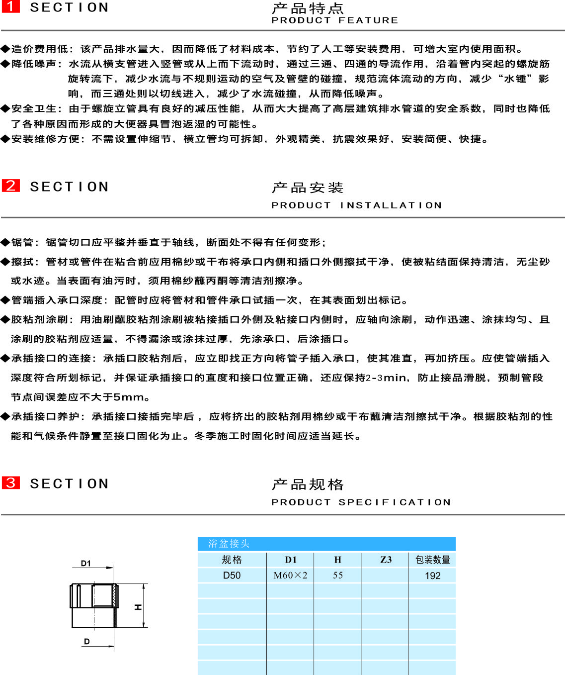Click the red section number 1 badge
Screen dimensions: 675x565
10,6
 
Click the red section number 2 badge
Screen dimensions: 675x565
10,186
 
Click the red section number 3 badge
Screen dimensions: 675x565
10,482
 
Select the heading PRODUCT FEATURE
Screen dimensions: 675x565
334,20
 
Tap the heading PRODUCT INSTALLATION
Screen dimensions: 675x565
356,205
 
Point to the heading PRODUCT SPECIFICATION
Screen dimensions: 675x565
361,502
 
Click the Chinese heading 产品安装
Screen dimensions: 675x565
308,188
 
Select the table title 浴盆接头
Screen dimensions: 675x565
229,544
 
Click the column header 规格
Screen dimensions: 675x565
232,560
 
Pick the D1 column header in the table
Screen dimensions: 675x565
290,560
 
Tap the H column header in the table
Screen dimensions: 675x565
337,560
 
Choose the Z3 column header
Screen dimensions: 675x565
386,560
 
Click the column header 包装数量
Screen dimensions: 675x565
432,560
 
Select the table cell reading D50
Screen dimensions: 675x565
232,576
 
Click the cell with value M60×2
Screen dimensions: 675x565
290,576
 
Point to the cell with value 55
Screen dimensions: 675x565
337,576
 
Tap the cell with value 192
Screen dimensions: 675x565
432,576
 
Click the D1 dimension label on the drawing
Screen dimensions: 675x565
86,564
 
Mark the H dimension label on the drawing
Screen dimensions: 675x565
138,607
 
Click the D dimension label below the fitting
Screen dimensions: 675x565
87,642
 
